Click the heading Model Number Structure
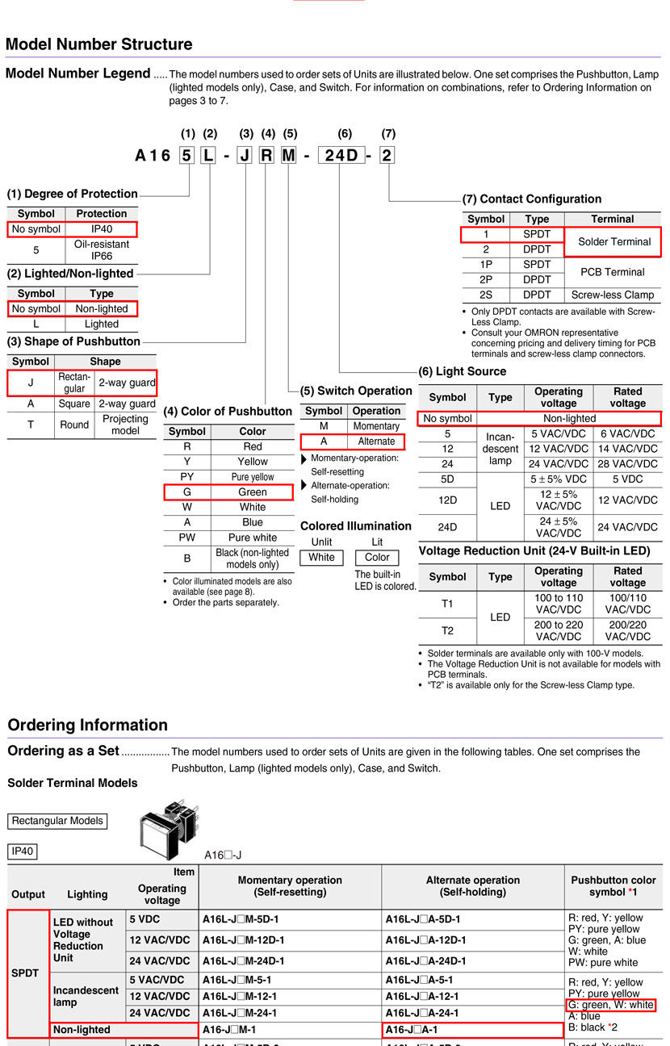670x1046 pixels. [98, 44]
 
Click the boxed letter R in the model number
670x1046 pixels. [266, 155]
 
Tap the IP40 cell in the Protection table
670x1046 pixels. [102, 229]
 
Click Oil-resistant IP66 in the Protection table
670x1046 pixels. [102, 250]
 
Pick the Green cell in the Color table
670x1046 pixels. [252, 492]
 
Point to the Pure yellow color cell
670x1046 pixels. [252, 477]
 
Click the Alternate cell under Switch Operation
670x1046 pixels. [376, 441]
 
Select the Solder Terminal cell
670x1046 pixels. [613, 241]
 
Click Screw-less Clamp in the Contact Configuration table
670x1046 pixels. [613, 295]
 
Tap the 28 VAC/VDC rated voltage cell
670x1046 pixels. [627, 464]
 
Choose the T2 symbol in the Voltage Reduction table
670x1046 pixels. [447, 631]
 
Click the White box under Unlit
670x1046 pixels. [321, 558]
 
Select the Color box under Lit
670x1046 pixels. [377, 558]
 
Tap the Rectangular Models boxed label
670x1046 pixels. [57, 821]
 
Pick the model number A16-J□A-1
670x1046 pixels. [412, 1030]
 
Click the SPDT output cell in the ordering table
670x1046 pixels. [25, 973]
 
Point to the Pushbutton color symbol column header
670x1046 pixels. [613, 886]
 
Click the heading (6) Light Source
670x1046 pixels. [463, 371]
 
